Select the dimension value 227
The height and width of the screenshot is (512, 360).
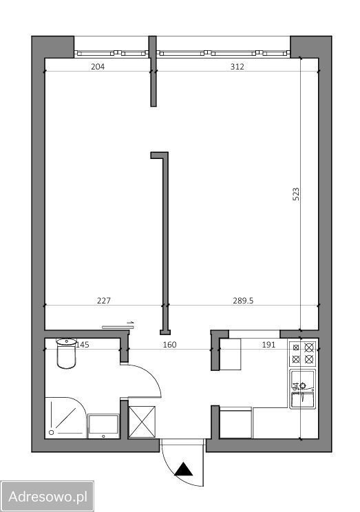pos(104,300)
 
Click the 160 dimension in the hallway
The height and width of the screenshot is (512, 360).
pos(170,345)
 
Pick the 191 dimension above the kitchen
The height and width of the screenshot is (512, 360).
pos(269,345)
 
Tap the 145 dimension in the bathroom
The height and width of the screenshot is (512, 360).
pos(83,345)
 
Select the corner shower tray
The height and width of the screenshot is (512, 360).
pos(65,417)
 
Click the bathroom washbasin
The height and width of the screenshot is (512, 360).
pos(103,425)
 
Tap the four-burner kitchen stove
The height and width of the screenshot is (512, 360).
pos(303,353)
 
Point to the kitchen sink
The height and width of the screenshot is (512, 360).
pos(302,390)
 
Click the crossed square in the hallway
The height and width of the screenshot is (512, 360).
pos(142,421)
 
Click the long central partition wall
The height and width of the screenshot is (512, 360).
pos(164,241)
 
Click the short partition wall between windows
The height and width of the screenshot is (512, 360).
pos(154,72)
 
